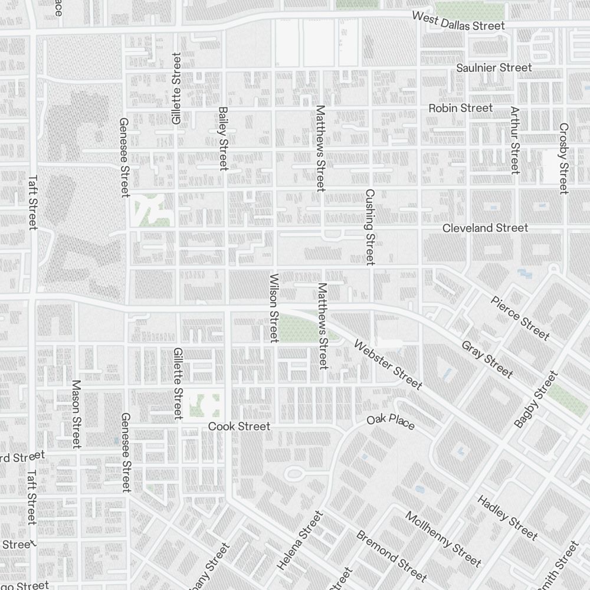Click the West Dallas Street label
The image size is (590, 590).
click(458, 21)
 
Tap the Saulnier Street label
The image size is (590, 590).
click(494, 68)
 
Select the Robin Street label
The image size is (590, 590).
click(460, 108)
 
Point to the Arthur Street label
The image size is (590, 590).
click(515, 140)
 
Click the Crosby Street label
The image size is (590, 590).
click(563, 158)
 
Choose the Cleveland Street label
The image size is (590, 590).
click(485, 228)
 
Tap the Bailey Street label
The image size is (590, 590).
click(223, 139)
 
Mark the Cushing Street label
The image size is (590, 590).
click(370, 227)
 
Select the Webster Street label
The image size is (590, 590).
click(388, 365)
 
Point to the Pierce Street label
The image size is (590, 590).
click(520, 318)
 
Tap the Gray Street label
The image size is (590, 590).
click(487, 359)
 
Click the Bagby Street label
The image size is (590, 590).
click(535, 399)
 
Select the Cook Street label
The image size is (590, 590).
click(239, 426)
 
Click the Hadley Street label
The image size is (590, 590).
click(507, 518)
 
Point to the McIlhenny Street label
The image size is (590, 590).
click(443, 538)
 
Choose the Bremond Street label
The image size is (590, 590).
click(391, 555)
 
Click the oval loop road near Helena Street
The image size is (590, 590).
click(294, 474)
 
